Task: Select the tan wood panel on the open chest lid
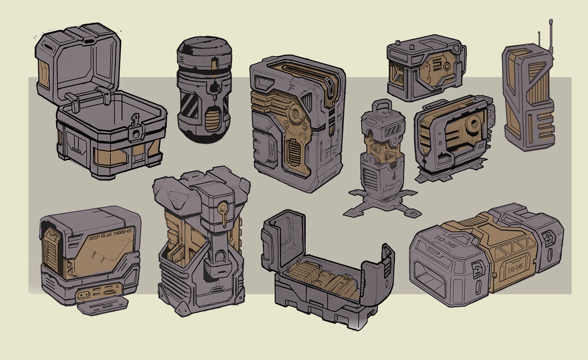point(44,73)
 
